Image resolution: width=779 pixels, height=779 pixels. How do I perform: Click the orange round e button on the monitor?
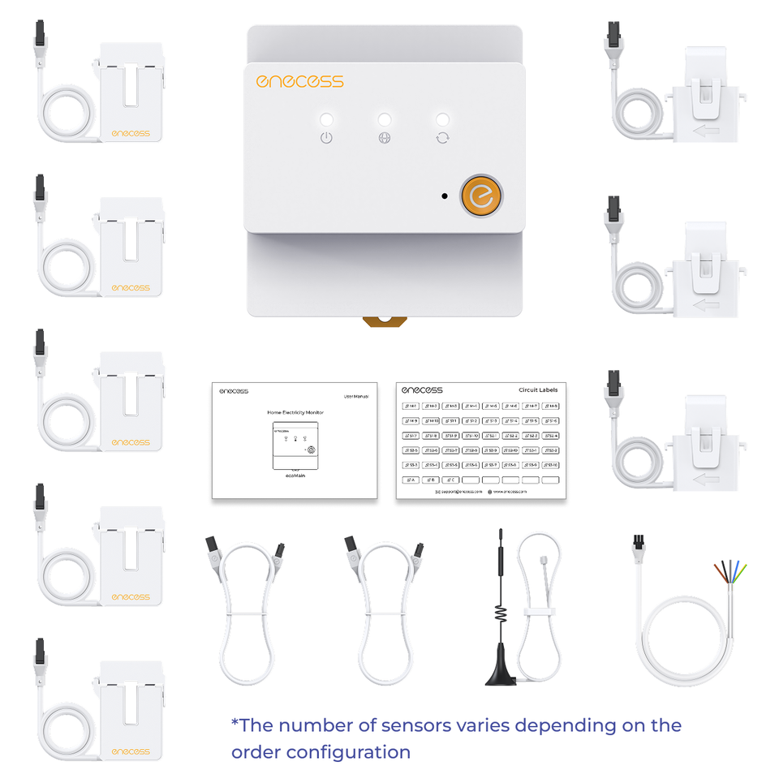click(482, 196)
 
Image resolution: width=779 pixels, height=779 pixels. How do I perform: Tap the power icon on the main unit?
click(326, 137)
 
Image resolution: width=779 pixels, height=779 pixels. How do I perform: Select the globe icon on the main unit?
click(385, 137)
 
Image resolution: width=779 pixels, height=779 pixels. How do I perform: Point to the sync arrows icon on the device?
click(442, 137)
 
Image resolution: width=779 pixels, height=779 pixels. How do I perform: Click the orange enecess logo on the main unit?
click(299, 81)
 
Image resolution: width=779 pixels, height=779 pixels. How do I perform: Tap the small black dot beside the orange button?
click(444, 196)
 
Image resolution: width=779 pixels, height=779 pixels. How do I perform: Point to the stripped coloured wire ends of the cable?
click(730, 572)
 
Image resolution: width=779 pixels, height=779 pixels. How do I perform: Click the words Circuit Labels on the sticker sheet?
click(538, 390)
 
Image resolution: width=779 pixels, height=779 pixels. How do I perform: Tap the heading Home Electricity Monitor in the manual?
click(295, 412)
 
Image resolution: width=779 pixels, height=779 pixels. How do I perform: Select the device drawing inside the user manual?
click(295, 445)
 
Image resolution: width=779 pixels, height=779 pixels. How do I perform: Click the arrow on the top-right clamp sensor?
click(707, 131)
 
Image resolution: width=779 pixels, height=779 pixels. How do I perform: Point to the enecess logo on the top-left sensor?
click(131, 132)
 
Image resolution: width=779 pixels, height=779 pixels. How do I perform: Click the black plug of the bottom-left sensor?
click(40, 649)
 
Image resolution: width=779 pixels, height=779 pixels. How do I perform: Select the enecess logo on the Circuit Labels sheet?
click(422, 390)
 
